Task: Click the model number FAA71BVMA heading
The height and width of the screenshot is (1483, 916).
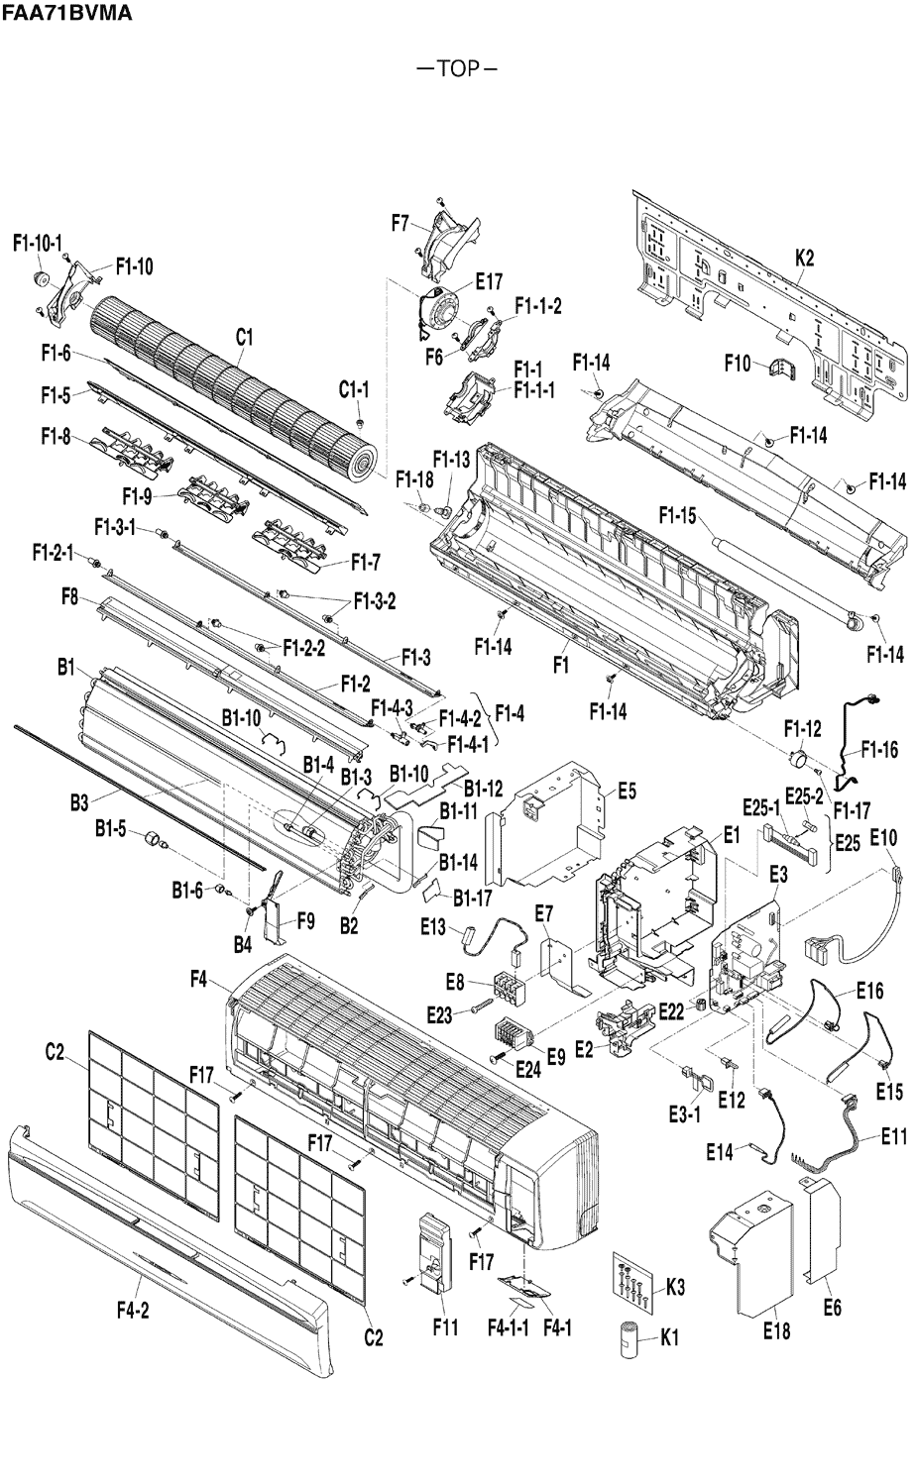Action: pyautogui.click(x=66, y=12)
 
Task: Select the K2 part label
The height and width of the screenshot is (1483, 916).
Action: pyautogui.click(x=804, y=259)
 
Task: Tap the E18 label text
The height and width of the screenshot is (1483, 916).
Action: pyautogui.click(x=776, y=1330)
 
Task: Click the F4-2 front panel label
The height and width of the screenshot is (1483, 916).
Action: pyautogui.click(x=133, y=1311)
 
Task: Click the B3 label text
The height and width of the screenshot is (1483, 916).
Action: pyautogui.click(x=79, y=803)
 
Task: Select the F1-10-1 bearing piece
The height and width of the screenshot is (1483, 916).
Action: pyautogui.click(x=43, y=278)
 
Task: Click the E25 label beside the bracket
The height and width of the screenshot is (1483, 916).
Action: pyautogui.click(x=848, y=843)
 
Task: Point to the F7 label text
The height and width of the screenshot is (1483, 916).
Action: pyautogui.click(x=401, y=223)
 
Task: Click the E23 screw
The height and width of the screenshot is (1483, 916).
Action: pyautogui.click(x=480, y=1010)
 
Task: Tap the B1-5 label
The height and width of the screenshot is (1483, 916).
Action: pyautogui.click(x=111, y=829)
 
